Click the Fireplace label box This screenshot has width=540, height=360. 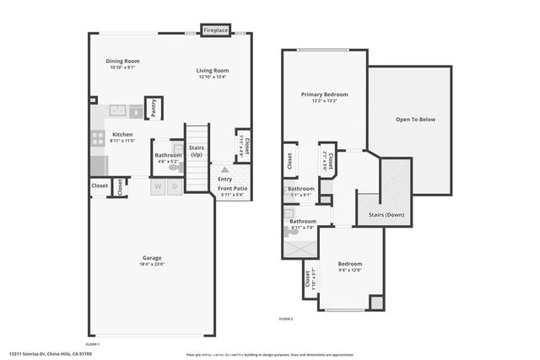216,31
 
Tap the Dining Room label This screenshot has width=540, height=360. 122,62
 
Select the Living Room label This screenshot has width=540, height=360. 213,71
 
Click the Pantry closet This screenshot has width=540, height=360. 154,108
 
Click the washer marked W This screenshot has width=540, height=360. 158,186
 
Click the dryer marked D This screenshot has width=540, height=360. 175,186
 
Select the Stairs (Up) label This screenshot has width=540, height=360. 197,151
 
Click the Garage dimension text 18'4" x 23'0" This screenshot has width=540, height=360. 152,266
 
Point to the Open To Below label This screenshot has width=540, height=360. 415,120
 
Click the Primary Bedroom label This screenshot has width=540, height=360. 325,95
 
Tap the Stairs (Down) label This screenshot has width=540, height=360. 386,215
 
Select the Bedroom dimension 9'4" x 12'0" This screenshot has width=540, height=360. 348,271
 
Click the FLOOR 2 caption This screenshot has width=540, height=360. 286,319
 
